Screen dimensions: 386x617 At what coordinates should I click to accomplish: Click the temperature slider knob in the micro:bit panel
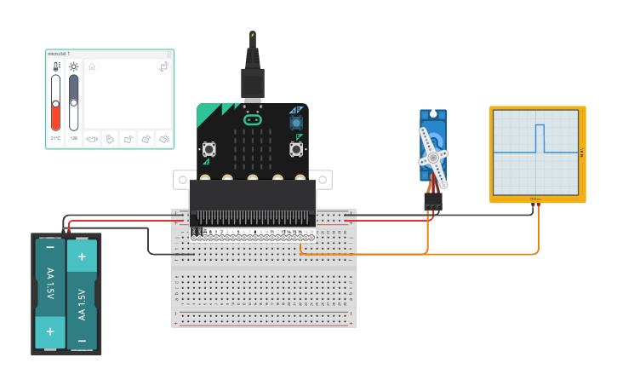pyautogui.click(x=56, y=103)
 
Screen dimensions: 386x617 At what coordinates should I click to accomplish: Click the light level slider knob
pyautogui.click(x=73, y=102)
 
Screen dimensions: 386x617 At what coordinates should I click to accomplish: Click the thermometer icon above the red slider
pyautogui.click(x=56, y=66)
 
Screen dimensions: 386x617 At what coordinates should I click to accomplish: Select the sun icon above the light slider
pyautogui.click(x=73, y=66)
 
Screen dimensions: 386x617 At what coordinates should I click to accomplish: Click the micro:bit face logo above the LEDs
pyautogui.click(x=252, y=119)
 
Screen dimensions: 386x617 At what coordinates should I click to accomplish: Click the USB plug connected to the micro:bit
pyautogui.click(x=253, y=81)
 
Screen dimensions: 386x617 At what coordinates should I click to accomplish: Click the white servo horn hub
pyautogui.click(x=433, y=158)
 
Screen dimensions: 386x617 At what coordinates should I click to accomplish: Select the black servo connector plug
pyautogui.click(x=433, y=201)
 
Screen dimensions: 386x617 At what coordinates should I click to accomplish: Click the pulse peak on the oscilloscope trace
pyautogui.click(x=539, y=126)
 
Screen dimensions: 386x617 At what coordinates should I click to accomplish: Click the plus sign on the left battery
pyautogui.click(x=50, y=331)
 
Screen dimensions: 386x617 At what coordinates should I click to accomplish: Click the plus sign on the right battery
pyautogui.click(x=82, y=256)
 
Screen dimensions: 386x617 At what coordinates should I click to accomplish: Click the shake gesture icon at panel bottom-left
pyautogui.click(x=93, y=139)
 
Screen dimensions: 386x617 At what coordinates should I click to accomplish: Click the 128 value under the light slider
pyautogui.click(x=73, y=138)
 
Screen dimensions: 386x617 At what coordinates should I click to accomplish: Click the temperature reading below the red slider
pyautogui.click(x=56, y=138)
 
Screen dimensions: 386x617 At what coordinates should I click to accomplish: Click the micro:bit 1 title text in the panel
pyautogui.click(x=59, y=54)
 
